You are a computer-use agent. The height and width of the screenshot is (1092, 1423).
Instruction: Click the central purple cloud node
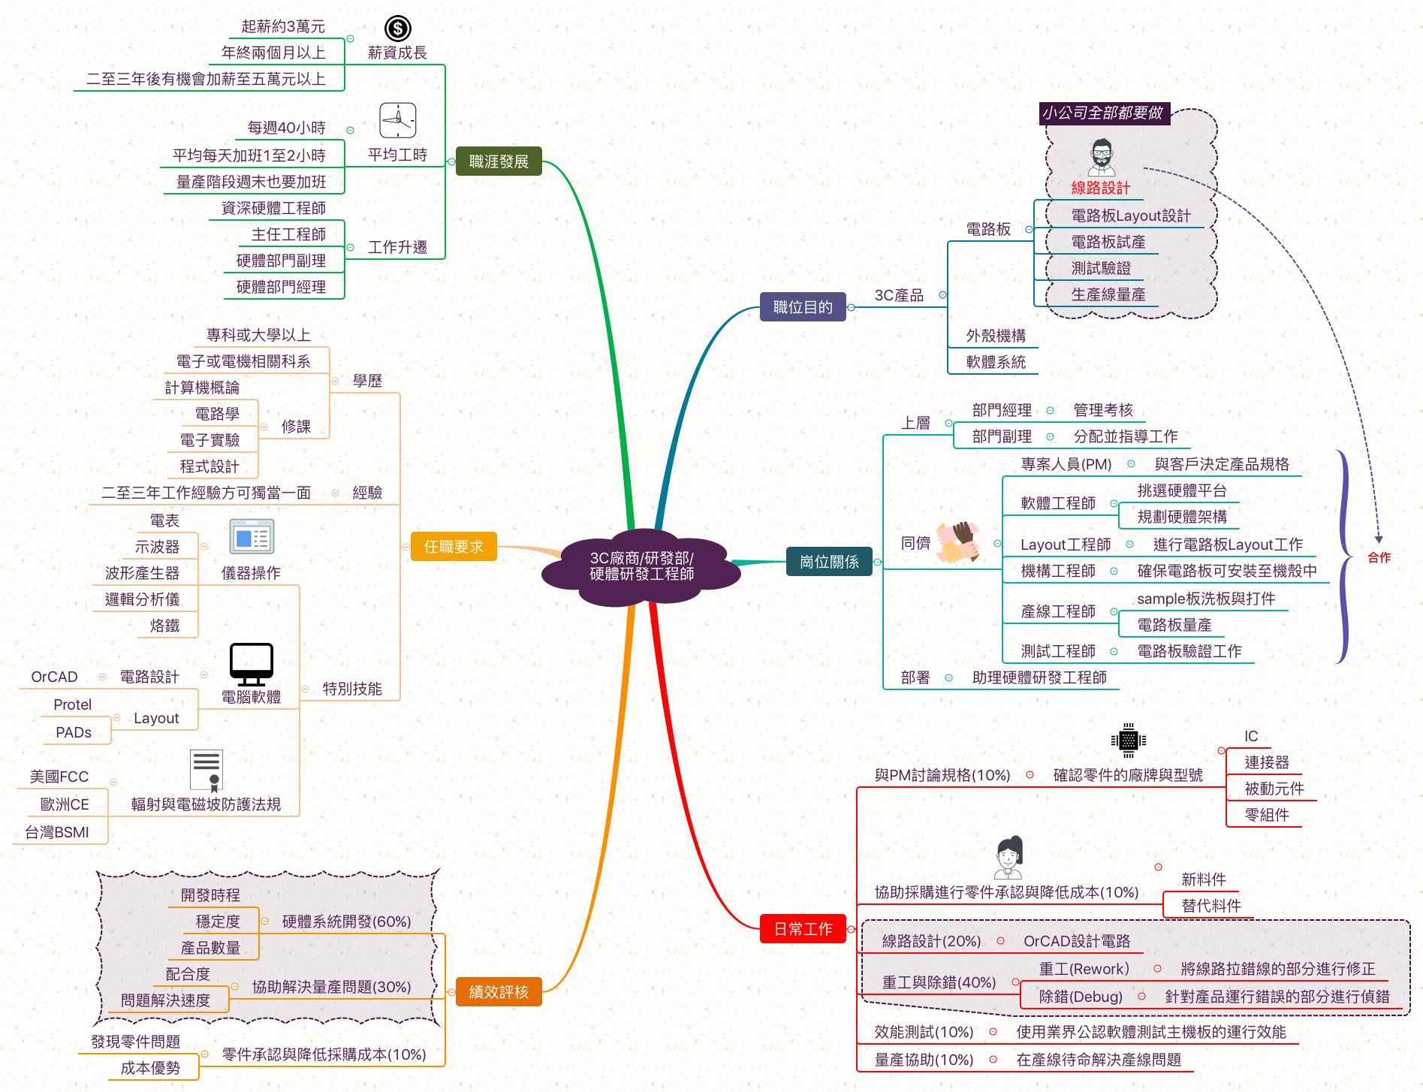[x=641, y=566]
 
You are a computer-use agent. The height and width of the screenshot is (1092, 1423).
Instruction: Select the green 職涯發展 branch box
[x=499, y=161]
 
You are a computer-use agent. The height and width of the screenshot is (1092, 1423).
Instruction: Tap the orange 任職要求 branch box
[x=454, y=547]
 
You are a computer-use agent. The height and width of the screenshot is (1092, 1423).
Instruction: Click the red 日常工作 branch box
[x=803, y=929]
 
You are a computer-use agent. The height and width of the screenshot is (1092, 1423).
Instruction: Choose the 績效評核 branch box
[x=499, y=991]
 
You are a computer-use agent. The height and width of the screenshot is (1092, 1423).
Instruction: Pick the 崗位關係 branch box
[x=829, y=562]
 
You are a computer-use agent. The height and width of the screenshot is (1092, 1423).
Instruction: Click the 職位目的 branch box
[x=803, y=307]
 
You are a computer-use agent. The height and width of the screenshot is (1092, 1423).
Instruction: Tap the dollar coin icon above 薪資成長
[x=397, y=29]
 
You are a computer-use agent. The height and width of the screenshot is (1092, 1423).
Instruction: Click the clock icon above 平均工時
[x=397, y=120]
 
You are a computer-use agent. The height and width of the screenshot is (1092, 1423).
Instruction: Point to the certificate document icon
[x=207, y=771]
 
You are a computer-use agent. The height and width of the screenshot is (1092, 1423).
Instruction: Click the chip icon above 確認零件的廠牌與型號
[x=1128, y=741]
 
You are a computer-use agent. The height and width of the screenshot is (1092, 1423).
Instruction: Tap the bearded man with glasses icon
[x=1101, y=158]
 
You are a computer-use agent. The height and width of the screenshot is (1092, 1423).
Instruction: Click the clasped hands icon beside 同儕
[x=958, y=542]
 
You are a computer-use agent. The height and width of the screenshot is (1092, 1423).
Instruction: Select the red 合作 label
[x=1379, y=557]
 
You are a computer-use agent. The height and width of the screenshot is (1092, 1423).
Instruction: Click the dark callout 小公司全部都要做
[x=1102, y=113]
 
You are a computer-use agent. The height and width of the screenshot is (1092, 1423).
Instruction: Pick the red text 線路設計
[x=1100, y=188]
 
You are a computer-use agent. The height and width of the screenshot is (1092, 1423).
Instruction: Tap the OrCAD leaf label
[x=54, y=677]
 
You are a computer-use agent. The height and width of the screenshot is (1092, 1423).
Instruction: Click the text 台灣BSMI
[x=57, y=832]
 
